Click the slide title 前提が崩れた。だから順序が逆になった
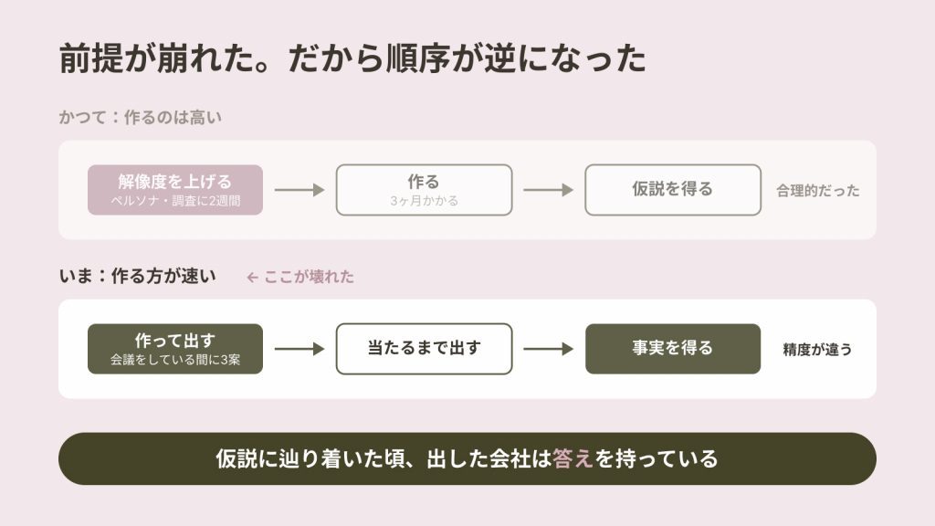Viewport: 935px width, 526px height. point(352,58)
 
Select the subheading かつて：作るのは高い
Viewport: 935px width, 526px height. point(140,117)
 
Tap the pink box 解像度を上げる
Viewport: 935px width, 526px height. point(175,190)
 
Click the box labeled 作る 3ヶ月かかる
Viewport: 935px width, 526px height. point(424,190)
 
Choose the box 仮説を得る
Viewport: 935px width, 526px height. point(673,190)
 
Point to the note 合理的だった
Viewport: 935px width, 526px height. point(817,190)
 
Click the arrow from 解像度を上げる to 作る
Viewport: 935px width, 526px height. point(299,190)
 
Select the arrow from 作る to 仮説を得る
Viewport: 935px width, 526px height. point(548,190)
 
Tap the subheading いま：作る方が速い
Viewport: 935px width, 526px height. point(138,276)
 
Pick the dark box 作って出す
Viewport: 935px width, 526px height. point(175,349)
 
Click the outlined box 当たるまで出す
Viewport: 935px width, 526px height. point(424,349)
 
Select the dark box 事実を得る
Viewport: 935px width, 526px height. point(673,349)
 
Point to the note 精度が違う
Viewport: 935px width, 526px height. point(817,350)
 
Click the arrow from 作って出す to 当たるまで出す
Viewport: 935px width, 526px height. point(299,349)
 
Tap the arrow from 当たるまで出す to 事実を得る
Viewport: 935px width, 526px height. point(548,349)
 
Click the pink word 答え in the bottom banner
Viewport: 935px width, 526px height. point(573,458)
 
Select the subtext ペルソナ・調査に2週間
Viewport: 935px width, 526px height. point(175,201)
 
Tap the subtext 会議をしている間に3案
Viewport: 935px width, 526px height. point(175,360)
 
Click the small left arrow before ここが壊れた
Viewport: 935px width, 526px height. point(252,278)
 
